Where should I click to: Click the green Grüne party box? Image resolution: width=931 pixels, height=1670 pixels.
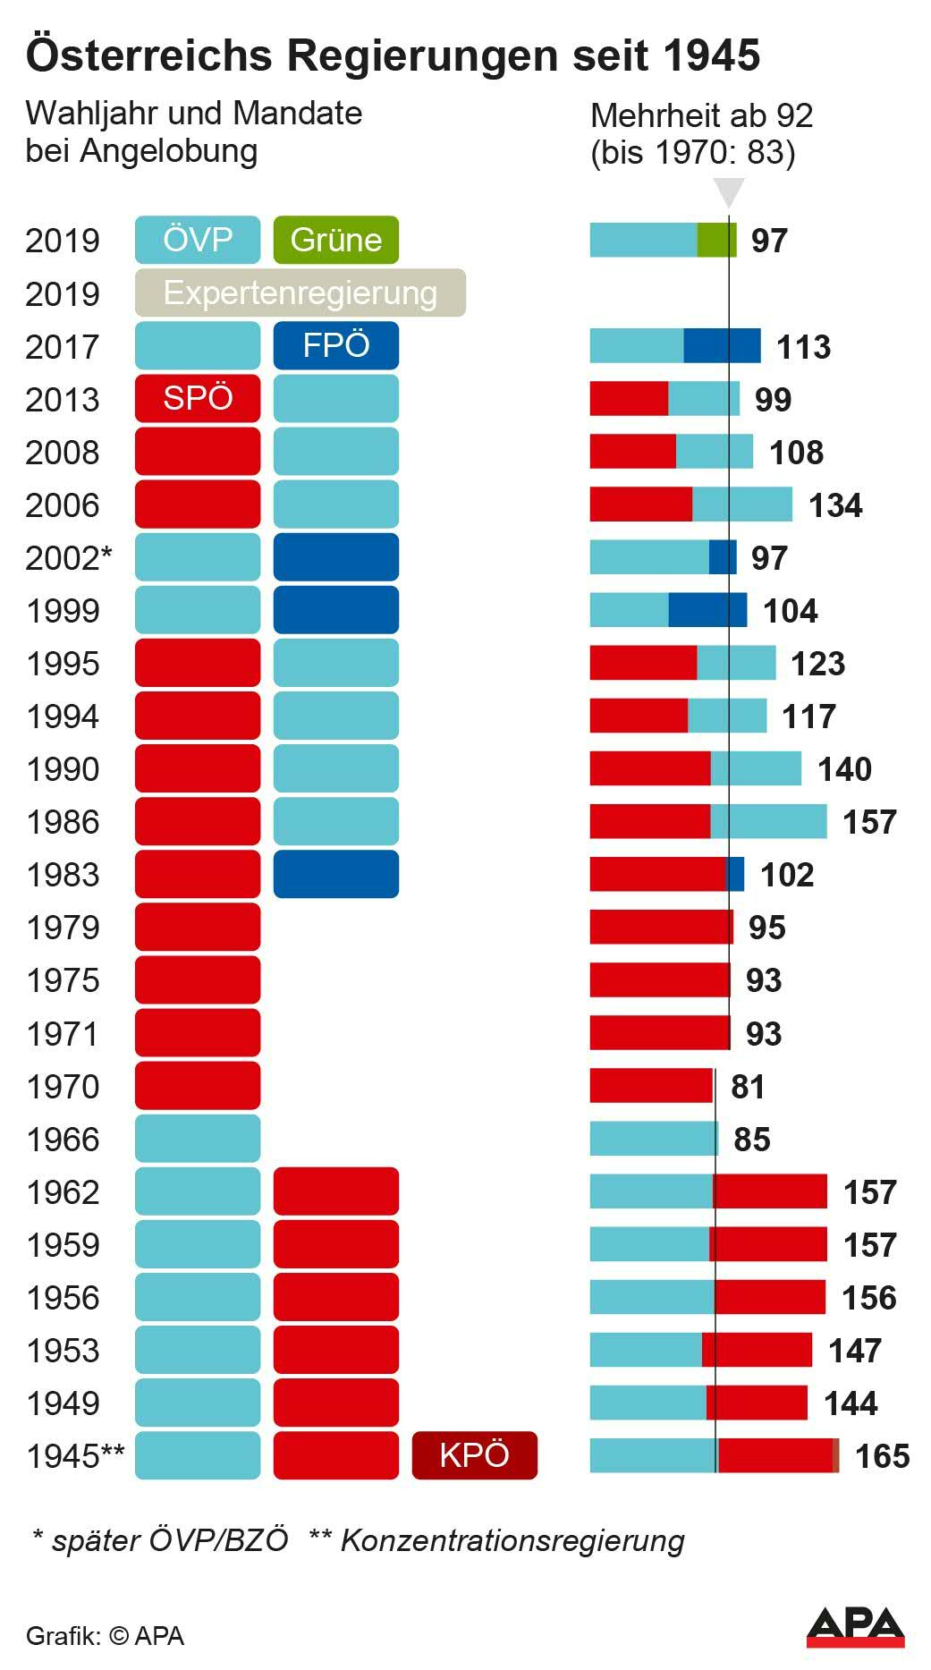(x=335, y=240)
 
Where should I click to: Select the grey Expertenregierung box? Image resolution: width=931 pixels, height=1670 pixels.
(x=300, y=292)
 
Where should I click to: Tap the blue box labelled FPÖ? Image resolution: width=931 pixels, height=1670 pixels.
(x=335, y=345)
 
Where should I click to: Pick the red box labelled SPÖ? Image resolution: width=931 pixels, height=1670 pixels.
(x=198, y=398)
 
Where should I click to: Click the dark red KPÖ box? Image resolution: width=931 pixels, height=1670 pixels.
(x=474, y=1455)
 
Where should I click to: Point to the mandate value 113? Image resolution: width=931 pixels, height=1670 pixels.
(x=803, y=347)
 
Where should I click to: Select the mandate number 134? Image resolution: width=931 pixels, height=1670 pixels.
(x=835, y=505)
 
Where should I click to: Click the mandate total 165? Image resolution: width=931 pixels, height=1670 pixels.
(x=882, y=1456)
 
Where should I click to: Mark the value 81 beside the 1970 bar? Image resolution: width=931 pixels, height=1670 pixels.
(x=748, y=1087)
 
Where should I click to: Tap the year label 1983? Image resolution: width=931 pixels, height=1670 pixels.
(x=63, y=875)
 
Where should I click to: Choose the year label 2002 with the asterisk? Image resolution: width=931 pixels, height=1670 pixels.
(x=68, y=558)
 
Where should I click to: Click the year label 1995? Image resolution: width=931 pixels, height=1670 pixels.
(x=63, y=664)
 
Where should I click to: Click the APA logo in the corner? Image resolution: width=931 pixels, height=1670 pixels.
(x=855, y=1627)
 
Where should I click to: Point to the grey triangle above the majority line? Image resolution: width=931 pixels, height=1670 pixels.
(x=729, y=191)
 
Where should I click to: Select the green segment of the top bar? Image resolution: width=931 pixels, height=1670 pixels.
(x=716, y=240)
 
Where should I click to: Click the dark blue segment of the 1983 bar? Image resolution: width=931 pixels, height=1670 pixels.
(x=735, y=874)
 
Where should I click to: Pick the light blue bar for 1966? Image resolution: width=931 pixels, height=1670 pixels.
(x=653, y=1139)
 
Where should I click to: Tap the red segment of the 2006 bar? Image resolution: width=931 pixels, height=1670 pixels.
(x=640, y=504)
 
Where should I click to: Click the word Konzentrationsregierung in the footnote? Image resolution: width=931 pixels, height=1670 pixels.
(x=512, y=1540)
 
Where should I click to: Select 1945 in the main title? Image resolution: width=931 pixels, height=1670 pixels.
(x=712, y=55)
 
